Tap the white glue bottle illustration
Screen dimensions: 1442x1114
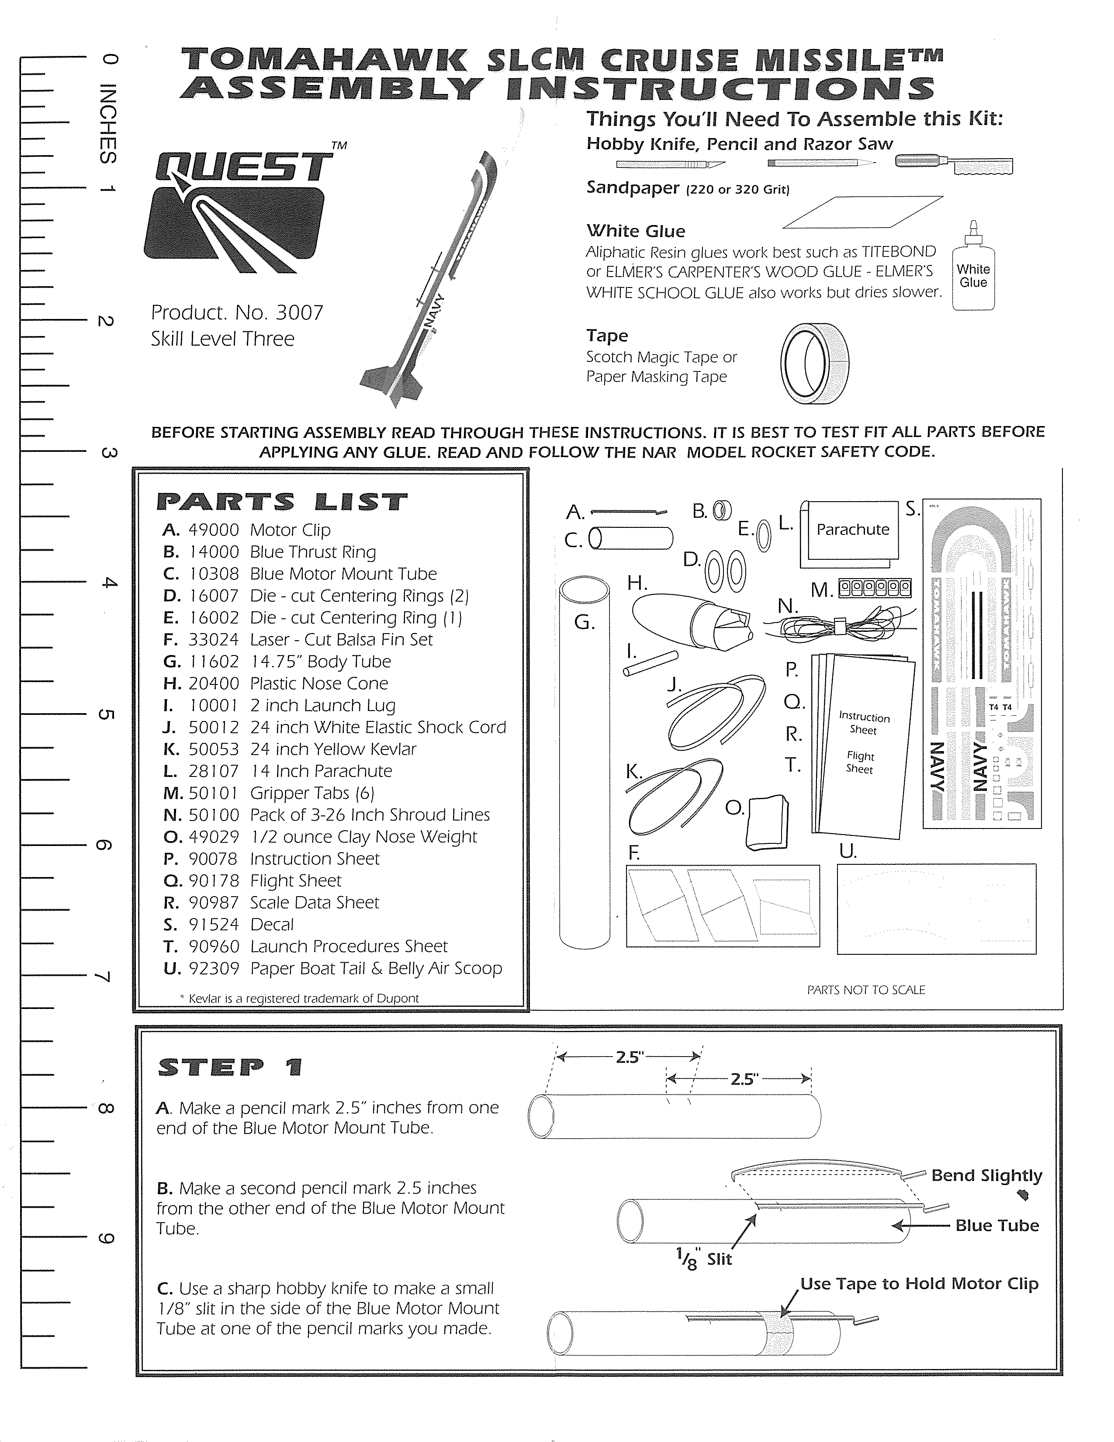click(x=973, y=271)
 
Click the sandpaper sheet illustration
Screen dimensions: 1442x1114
click(x=862, y=212)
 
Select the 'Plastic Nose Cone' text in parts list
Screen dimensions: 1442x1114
click(x=319, y=683)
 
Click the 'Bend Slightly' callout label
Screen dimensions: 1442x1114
click(x=986, y=1175)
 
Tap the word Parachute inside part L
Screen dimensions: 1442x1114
click(x=853, y=530)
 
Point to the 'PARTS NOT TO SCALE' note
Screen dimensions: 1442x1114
click(x=866, y=990)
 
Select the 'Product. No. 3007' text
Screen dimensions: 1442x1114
click(x=237, y=312)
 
